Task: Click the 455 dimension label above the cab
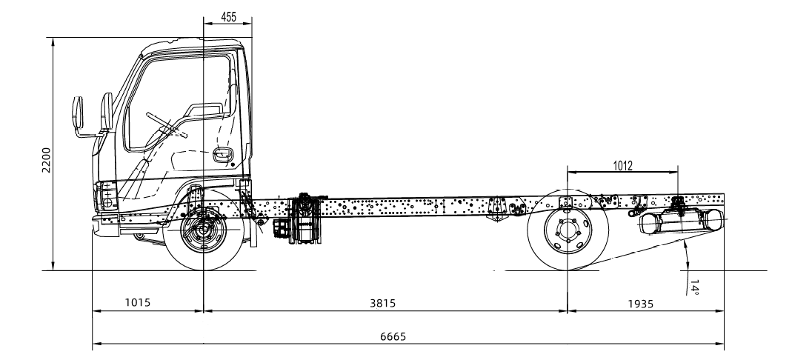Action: point(227,16)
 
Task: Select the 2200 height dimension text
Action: point(45,160)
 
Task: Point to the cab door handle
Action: point(222,155)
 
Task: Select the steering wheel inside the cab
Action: point(167,122)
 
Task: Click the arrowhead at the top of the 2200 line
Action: point(53,40)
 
